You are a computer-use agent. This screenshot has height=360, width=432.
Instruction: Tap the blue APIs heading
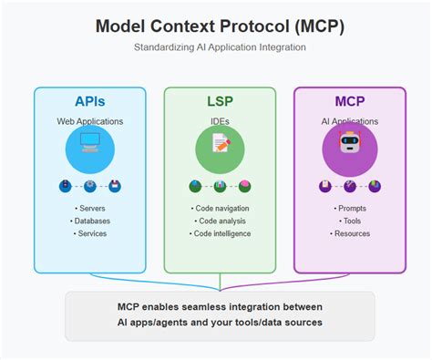pyautogui.click(x=89, y=102)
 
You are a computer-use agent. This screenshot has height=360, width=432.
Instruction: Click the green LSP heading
pyautogui.click(x=220, y=102)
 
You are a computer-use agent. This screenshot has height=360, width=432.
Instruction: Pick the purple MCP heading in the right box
pyautogui.click(x=349, y=102)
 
